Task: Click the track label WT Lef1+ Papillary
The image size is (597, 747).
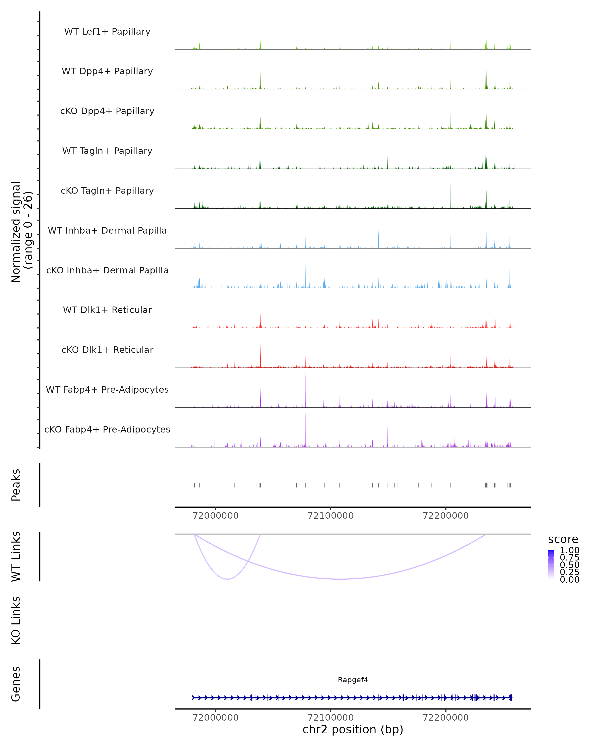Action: (107, 32)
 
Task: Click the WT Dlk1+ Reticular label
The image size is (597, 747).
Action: (107, 310)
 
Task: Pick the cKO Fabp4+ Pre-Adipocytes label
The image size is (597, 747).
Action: (107, 429)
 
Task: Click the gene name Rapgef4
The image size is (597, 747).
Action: (353, 680)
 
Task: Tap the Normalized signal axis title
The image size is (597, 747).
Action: (21, 232)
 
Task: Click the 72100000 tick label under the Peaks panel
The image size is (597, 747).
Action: (331, 516)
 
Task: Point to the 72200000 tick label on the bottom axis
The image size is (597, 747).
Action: (446, 718)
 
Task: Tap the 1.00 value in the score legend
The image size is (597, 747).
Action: (569, 550)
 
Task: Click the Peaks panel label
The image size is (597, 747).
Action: (16, 485)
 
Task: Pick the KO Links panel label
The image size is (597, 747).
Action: (16, 620)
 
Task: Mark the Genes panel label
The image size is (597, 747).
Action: (16, 684)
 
